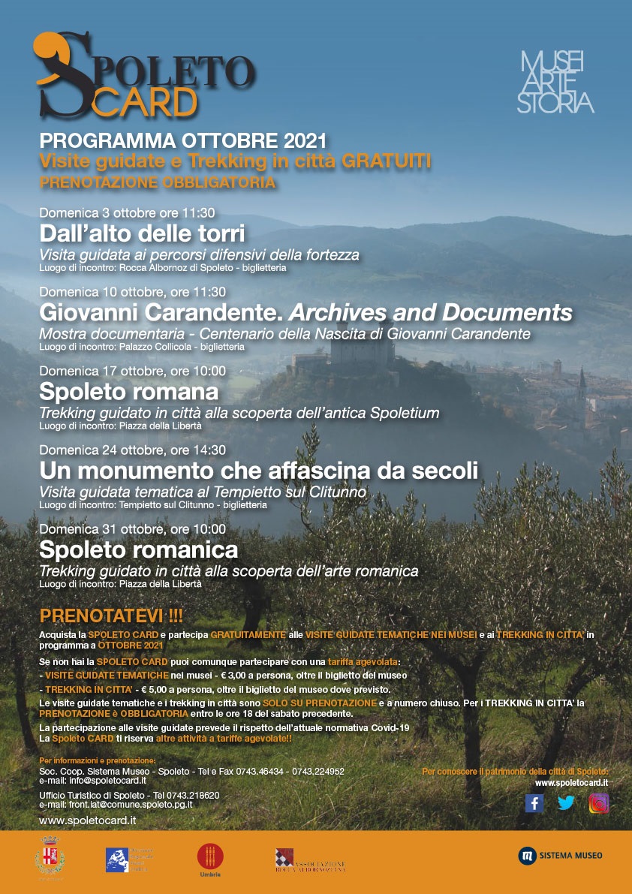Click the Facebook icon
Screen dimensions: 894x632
[534, 803]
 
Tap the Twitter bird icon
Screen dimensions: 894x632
[566, 803]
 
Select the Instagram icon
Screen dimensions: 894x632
[598, 803]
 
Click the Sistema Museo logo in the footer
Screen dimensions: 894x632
[560, 855]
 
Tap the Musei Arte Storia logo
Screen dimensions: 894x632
[555, 82]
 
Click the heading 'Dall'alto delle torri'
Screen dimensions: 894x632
[142, 232]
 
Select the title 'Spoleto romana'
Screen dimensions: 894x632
[128, 391]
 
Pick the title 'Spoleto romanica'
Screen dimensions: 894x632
[138, 549]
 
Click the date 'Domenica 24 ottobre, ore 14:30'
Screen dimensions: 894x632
[132, 450]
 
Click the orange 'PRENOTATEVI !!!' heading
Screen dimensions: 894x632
[110, 616]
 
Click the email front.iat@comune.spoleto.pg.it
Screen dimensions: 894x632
[116, 804]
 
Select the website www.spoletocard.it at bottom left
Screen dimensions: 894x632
[87, 820]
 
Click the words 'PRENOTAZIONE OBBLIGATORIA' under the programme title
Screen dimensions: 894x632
[157, 182]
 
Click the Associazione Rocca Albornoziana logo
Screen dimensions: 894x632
[309, 859]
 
